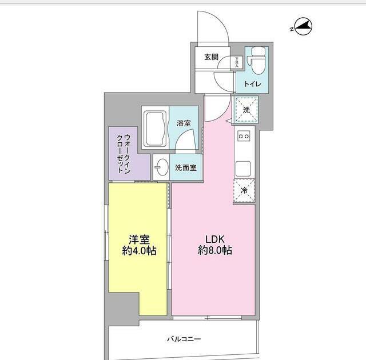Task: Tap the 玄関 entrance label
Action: coord(210,57)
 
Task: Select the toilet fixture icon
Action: coord(255,61)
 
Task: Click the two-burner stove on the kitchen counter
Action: coord(244,136)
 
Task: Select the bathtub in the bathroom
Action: coord(154,127)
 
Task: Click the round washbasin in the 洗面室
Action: coord(162,168)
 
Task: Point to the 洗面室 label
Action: coord(186,168)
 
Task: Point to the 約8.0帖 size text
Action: coord(215,251)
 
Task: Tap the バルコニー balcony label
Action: coord(184,339)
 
